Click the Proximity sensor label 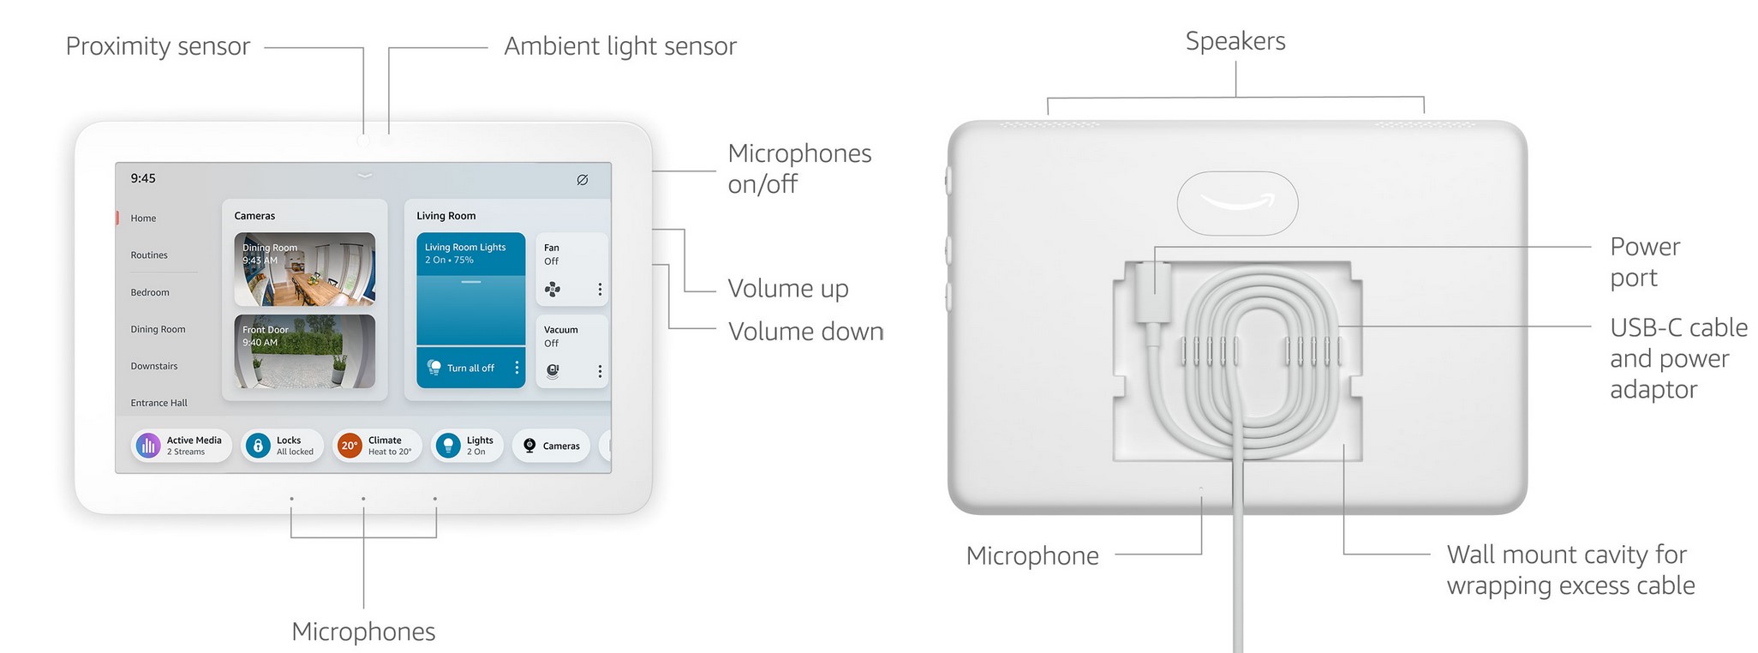(158, 46)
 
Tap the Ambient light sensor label (619, 46)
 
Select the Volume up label (788, 289)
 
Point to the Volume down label (805, 332)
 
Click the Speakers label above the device (1235, 41)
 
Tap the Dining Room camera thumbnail (304, 269)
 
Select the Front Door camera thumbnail (304, 351)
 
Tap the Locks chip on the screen (282, 446)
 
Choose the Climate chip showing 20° (377, 446)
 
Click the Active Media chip (181, 446)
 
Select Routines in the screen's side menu (149, 255)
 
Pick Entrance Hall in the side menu (158, 403)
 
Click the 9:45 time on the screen (143, 178)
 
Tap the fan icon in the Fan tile (553, 289)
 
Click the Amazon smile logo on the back (1237, 203)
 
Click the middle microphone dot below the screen (363, 499)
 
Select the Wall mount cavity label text (1570, 570)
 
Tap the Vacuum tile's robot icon (553, 371)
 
